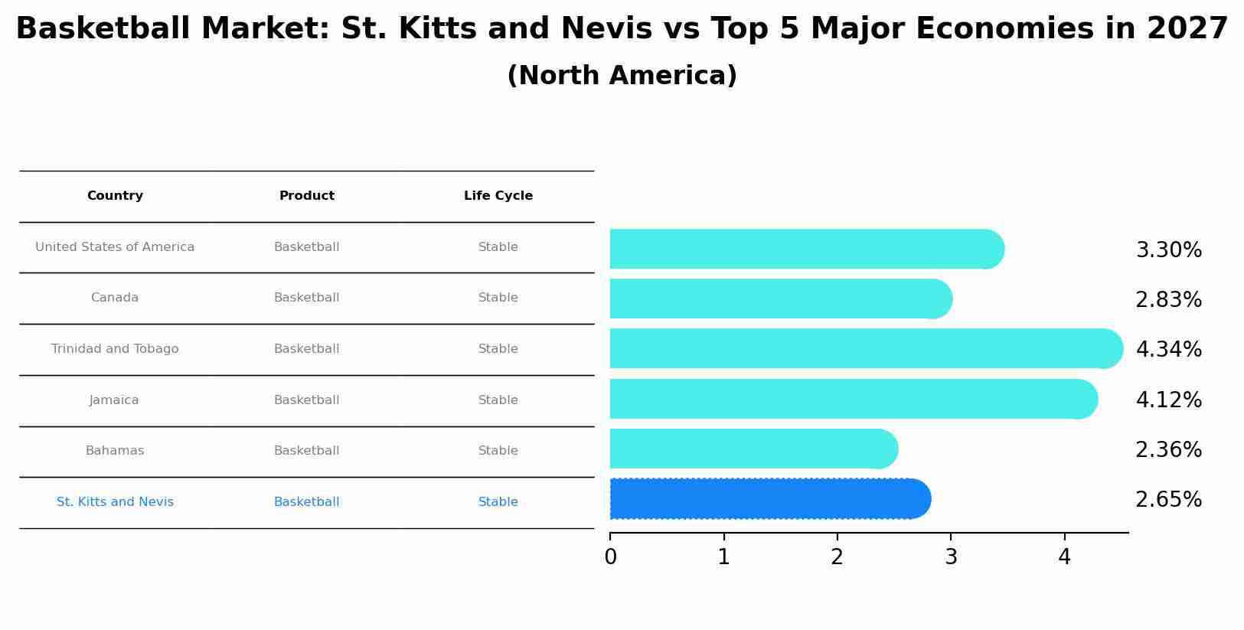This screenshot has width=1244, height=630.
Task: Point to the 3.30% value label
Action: pos(1168,250)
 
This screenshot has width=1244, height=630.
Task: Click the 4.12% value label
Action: pos(1168,400)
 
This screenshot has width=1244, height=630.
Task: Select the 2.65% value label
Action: pos(1168,500)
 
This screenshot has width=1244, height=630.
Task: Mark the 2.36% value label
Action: pos(1168,450)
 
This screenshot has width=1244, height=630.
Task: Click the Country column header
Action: pos(115,196)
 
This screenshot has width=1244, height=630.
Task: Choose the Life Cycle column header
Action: pos(498,196)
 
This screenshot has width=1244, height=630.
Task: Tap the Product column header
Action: pos(306,196)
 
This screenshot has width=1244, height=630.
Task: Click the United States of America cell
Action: pos(115,247)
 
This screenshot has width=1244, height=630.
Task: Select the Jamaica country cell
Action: pos(114,400)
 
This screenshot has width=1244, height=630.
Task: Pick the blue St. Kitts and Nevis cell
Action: pos(115,502)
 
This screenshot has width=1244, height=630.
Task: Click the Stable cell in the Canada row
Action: pos(498,298)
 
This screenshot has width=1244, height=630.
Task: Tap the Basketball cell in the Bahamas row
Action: pos(306,451)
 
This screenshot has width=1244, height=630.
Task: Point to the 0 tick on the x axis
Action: pos(610,557)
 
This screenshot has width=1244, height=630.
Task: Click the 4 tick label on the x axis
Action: pos(1064,557)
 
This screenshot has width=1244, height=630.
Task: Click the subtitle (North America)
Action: pos(622,76)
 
